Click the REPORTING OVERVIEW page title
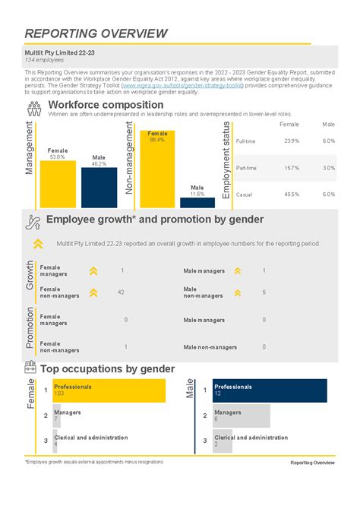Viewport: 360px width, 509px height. click(x=96, y=33)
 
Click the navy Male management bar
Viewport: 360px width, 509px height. click(x=99, y=182)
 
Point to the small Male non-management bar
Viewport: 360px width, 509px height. click(x=197, y=203)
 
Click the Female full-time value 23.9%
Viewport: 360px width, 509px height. click(x=291, y=141)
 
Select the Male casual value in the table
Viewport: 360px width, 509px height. click(x=328, y=194)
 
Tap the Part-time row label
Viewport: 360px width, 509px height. click(x=246, y=168)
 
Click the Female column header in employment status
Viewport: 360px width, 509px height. click(x=289, y=124)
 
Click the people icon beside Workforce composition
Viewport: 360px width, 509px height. click(x=33, y=108)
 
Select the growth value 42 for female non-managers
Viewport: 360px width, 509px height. click(x=122, y=292)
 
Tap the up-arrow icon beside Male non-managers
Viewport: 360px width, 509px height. click(x=237, y=292)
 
